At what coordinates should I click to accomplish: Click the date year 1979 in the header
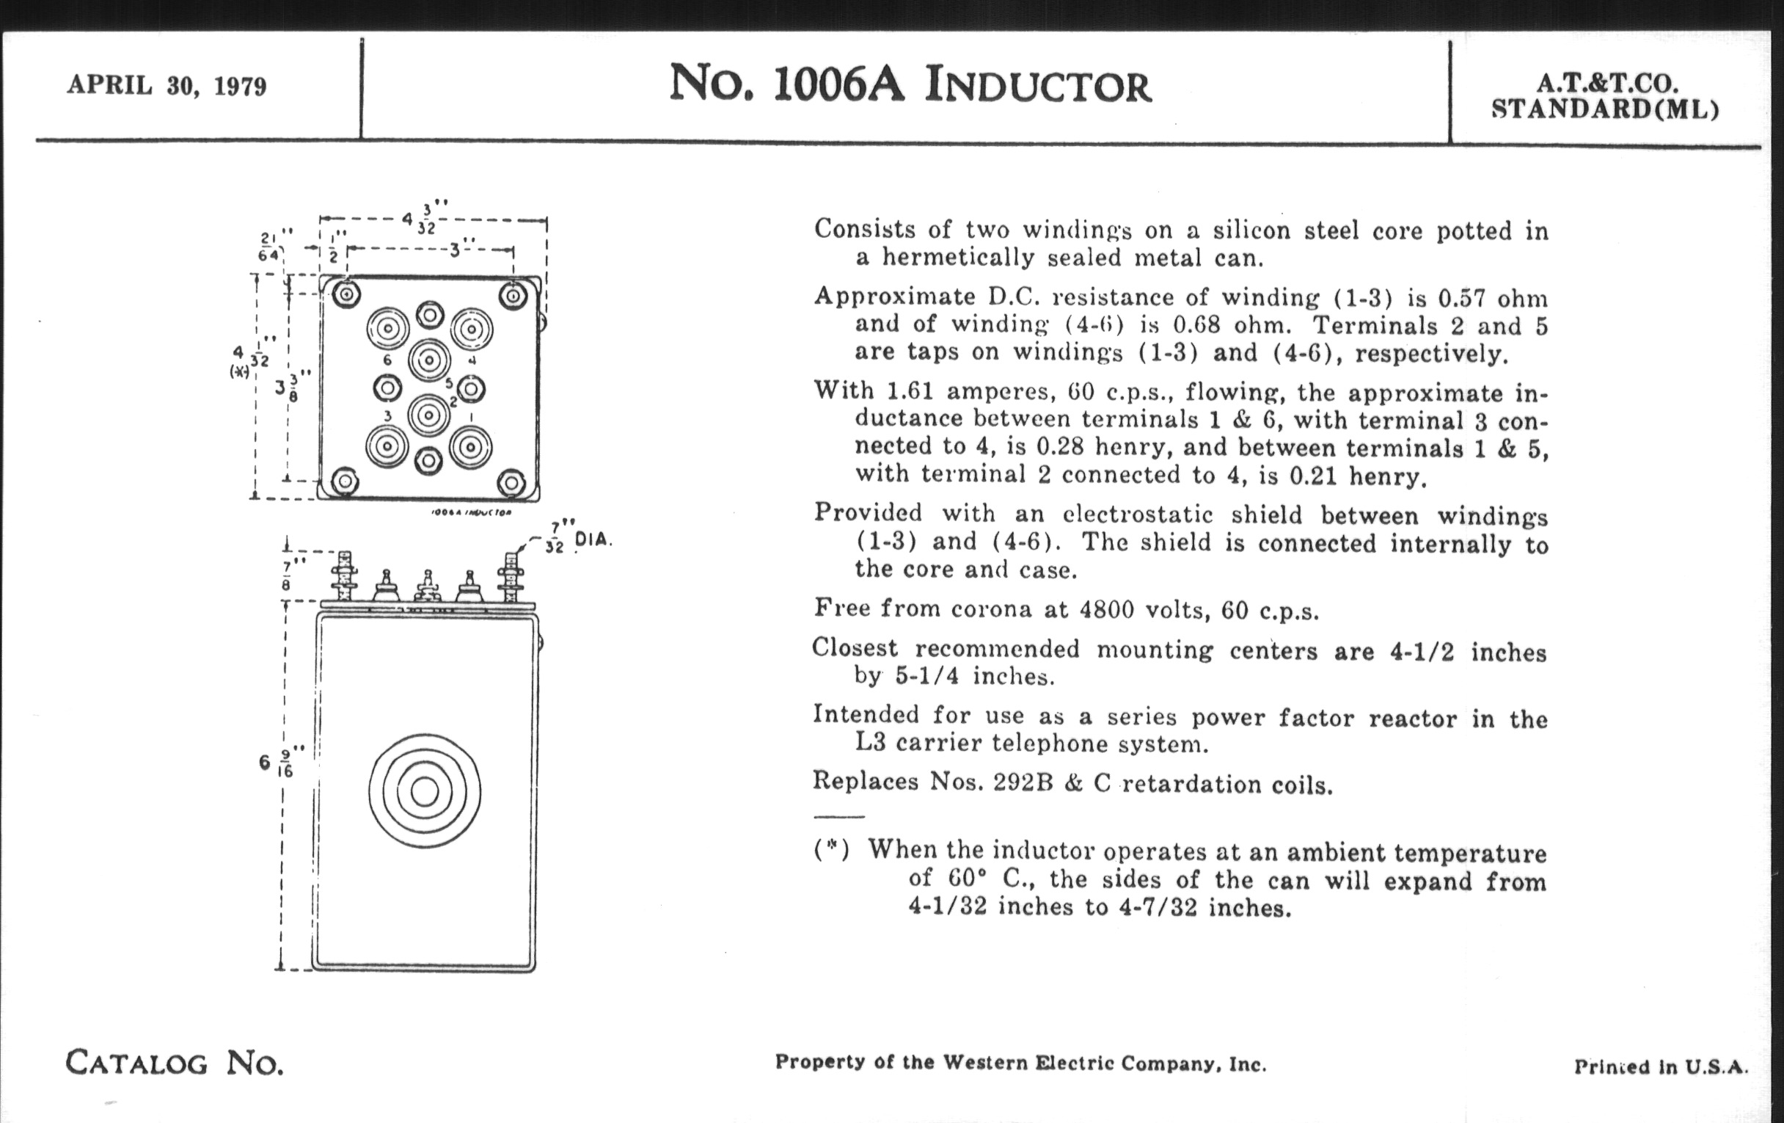[239, 87]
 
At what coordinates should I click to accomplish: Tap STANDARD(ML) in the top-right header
[1605, 109]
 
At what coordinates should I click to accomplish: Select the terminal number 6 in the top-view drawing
[387, 360]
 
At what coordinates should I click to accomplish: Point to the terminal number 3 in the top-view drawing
[387, 417]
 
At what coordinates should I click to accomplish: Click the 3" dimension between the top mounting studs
[455, 249]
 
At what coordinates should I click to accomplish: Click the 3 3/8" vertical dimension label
[291, 385]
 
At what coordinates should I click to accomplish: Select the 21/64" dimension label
[270, 244]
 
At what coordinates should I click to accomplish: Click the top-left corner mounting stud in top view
[346, 295]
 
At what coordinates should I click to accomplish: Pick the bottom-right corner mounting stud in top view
[511, 483]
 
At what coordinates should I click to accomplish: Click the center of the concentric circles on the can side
[425, 792]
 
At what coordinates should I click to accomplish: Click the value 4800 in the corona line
[1106, 609]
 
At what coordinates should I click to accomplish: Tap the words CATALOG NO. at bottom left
[174, 1063]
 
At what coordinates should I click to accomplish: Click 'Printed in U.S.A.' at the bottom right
[1660, 1066]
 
